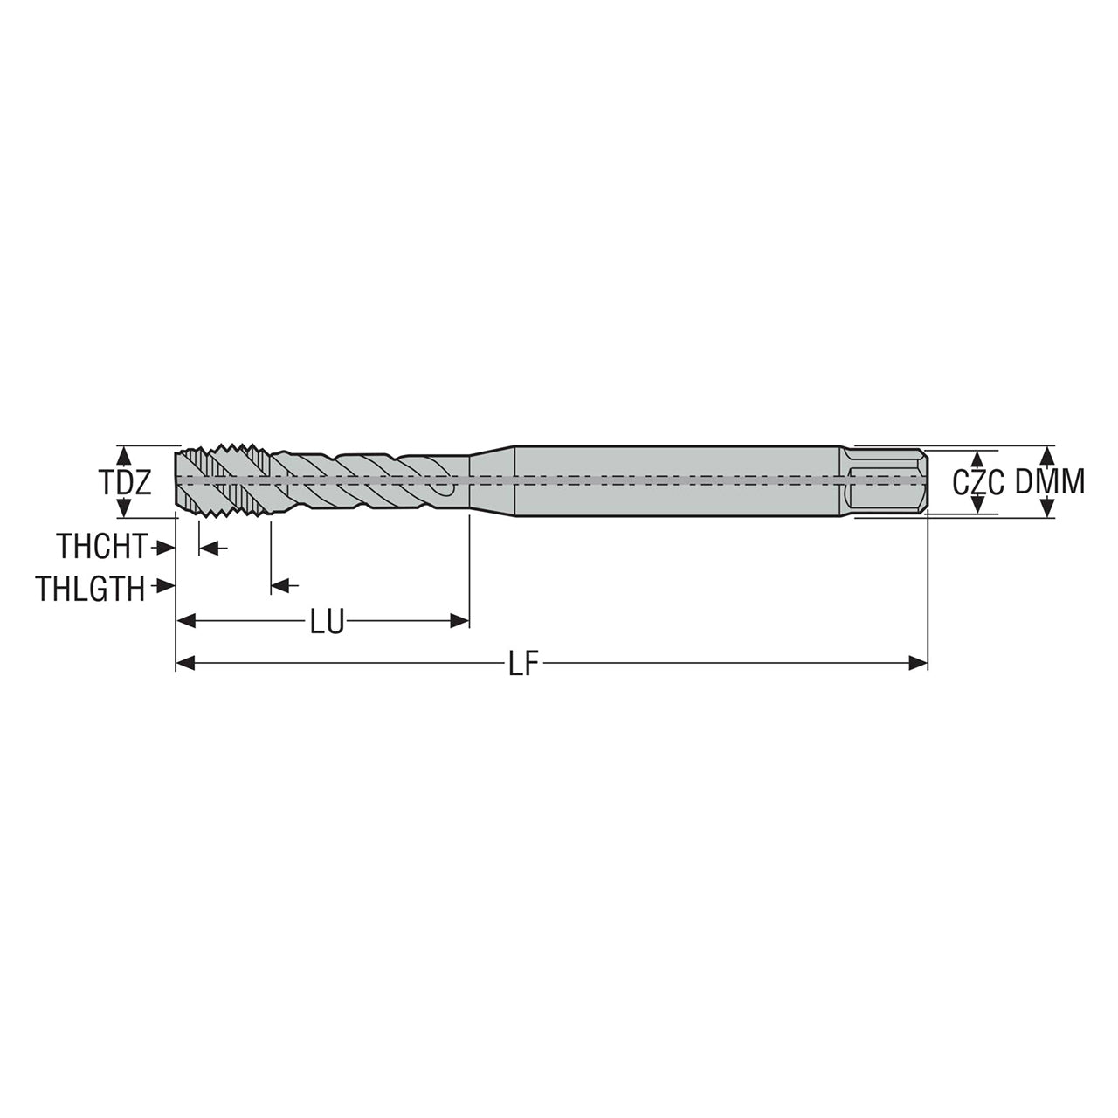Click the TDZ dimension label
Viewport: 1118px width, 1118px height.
click(125, 482)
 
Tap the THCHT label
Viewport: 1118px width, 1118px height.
click(101, 547)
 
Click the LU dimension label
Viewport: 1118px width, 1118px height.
click(328, 622)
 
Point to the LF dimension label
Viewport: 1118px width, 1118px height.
click(525, 663)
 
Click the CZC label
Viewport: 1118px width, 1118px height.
click(979, 483)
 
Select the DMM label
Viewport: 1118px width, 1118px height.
click(1050, 482)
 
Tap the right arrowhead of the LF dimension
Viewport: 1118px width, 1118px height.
click(918, 663)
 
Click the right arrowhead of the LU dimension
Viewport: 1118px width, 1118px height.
click(459, 622)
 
